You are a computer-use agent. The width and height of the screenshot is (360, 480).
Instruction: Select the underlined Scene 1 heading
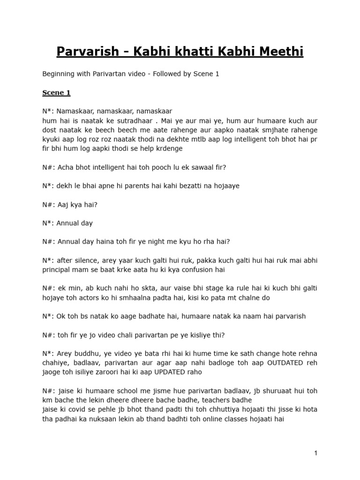[56, 93]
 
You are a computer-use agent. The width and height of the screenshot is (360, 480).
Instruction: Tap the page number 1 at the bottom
[316, 453]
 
